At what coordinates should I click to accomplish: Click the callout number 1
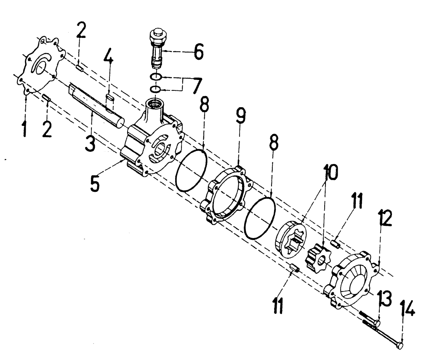[25, 128]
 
